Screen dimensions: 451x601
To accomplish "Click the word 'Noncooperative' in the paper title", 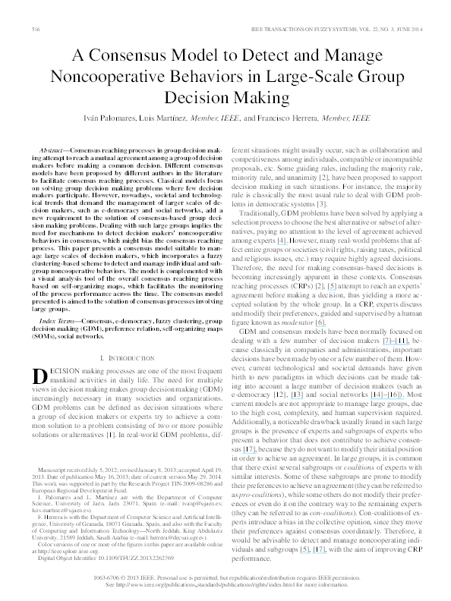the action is [x=106, y=76].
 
